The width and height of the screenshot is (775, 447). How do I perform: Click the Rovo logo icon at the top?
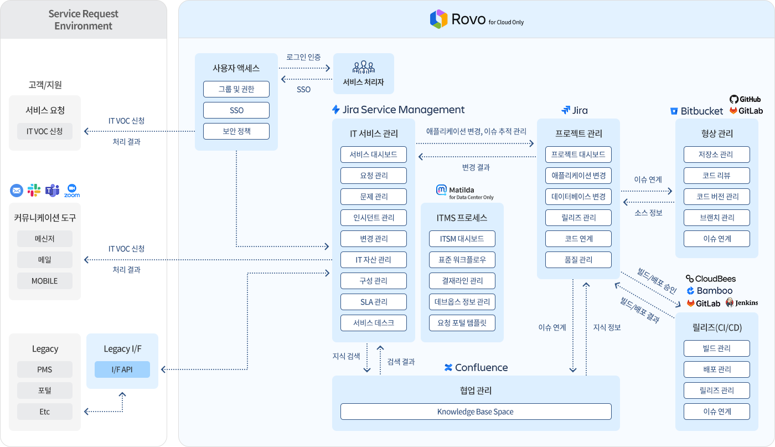438,19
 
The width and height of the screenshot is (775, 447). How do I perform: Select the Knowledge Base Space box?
476,412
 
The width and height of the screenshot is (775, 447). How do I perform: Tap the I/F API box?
122,369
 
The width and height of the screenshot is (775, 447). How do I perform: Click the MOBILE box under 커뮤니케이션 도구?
44,281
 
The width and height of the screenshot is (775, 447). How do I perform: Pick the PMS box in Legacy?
44,369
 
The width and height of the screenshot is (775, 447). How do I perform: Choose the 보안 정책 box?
236,131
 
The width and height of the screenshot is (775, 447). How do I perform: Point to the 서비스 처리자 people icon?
364,68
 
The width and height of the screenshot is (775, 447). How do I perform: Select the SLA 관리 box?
373,302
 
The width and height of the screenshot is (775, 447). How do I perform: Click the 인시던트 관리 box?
373,218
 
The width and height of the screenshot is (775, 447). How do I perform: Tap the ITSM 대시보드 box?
462,239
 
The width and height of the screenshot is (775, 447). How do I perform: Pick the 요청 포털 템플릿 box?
462,323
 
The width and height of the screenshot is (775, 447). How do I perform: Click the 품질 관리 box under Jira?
578,260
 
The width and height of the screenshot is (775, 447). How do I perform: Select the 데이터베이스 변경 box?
578,197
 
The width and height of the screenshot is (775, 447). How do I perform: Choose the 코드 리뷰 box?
716,176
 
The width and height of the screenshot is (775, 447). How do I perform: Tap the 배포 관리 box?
716,369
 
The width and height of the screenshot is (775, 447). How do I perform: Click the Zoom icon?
72,190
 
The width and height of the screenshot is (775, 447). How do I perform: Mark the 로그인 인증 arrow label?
303,57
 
